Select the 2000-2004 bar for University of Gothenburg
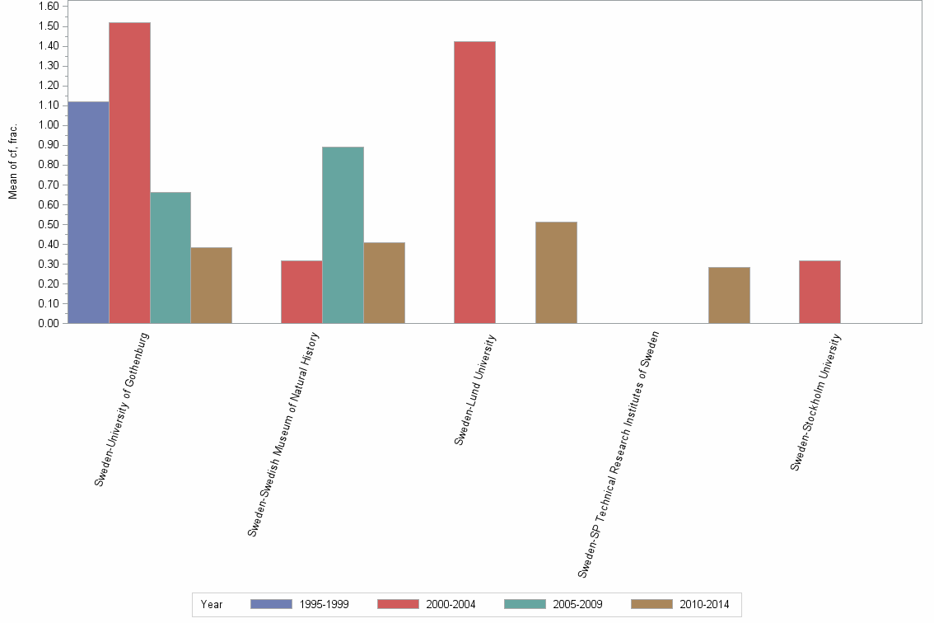click(129, 172)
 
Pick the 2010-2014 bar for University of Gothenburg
click(211, 285)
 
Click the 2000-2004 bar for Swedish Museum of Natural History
click(301, 292)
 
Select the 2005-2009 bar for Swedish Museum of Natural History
click(343, 235)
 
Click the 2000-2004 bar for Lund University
click(474, 182)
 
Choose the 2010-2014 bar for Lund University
click(556, 272)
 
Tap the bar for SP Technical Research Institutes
click(729, 295)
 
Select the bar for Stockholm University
click(820, 292)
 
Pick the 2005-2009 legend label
click(578, 604)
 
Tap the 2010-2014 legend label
click(704, 604)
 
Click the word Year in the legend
click(212, 604)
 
